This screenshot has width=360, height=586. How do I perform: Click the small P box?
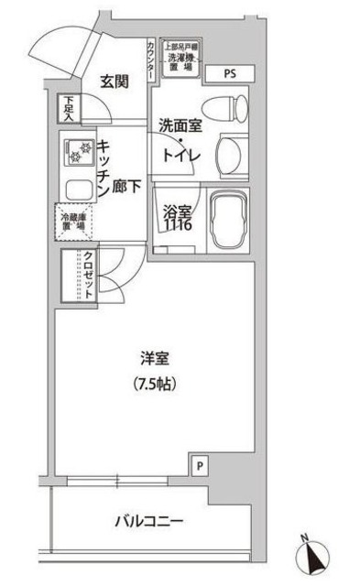200,466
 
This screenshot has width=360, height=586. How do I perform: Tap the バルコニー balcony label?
149,522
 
